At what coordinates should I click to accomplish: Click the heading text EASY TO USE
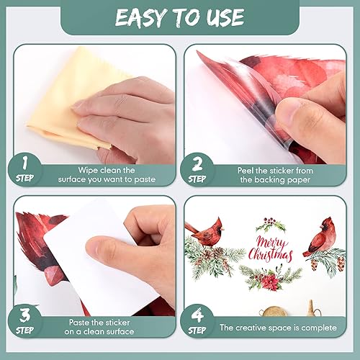[180, 17]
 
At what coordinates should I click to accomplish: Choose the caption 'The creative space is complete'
[278, 327]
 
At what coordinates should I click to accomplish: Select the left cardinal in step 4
[207, 232]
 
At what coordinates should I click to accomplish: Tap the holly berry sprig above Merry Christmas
[271, 224]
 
